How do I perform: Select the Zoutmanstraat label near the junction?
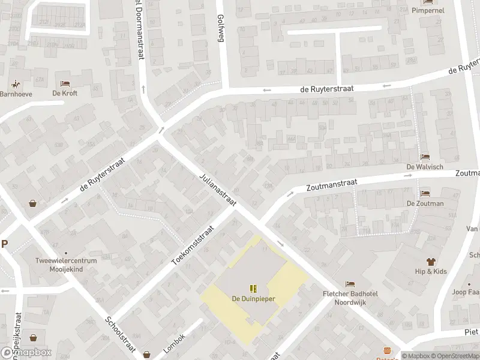pos(332,183)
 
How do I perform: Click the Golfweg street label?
pos(220,27)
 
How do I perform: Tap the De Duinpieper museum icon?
pos(253,289)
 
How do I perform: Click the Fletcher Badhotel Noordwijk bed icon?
pos(350,284)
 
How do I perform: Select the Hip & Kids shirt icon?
pos(430,262)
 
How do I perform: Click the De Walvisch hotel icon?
pos(425,157)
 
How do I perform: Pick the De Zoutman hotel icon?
pos(425,194)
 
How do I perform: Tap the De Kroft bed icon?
pos(65,83)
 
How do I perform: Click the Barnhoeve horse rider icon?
pos(14,83)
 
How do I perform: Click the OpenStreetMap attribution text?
pos(456,356)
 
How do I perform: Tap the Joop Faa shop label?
pos(466,293)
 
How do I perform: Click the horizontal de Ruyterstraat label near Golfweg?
pos(327,88)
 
